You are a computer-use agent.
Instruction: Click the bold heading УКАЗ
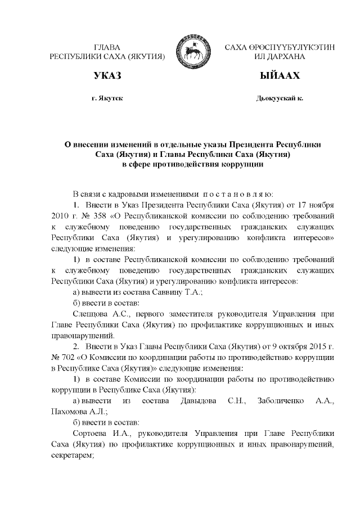point(107,75)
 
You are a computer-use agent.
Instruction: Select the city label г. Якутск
point(107,98)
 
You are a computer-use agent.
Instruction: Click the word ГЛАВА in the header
point(107,46)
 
